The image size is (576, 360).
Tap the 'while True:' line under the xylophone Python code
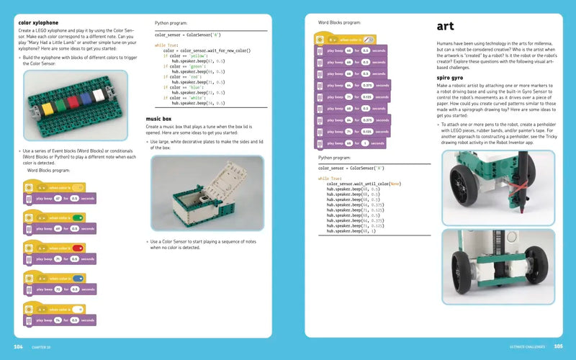click(x=165, y=45)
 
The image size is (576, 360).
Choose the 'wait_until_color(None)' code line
click(x=363, y=184)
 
